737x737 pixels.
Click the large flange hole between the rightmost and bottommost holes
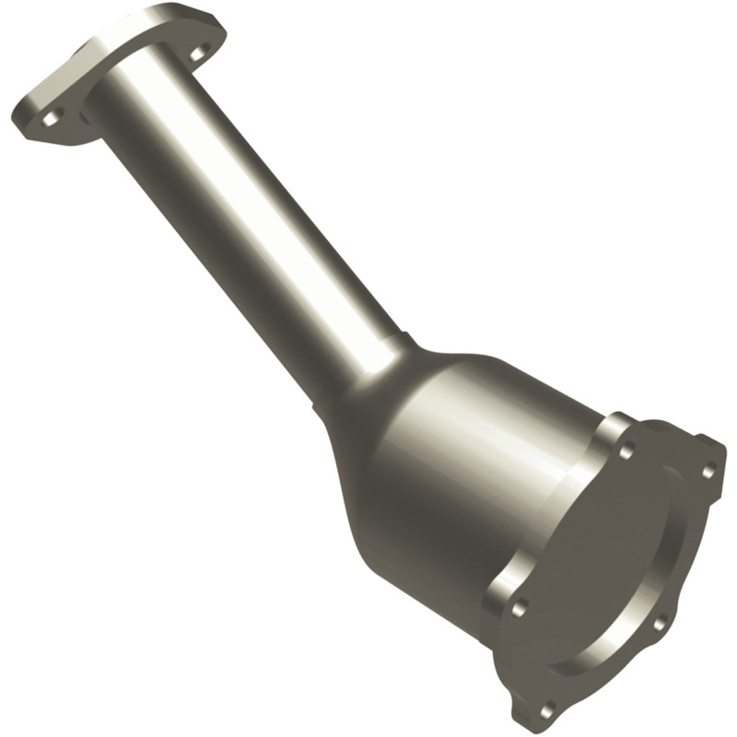(x=660, y=624)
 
